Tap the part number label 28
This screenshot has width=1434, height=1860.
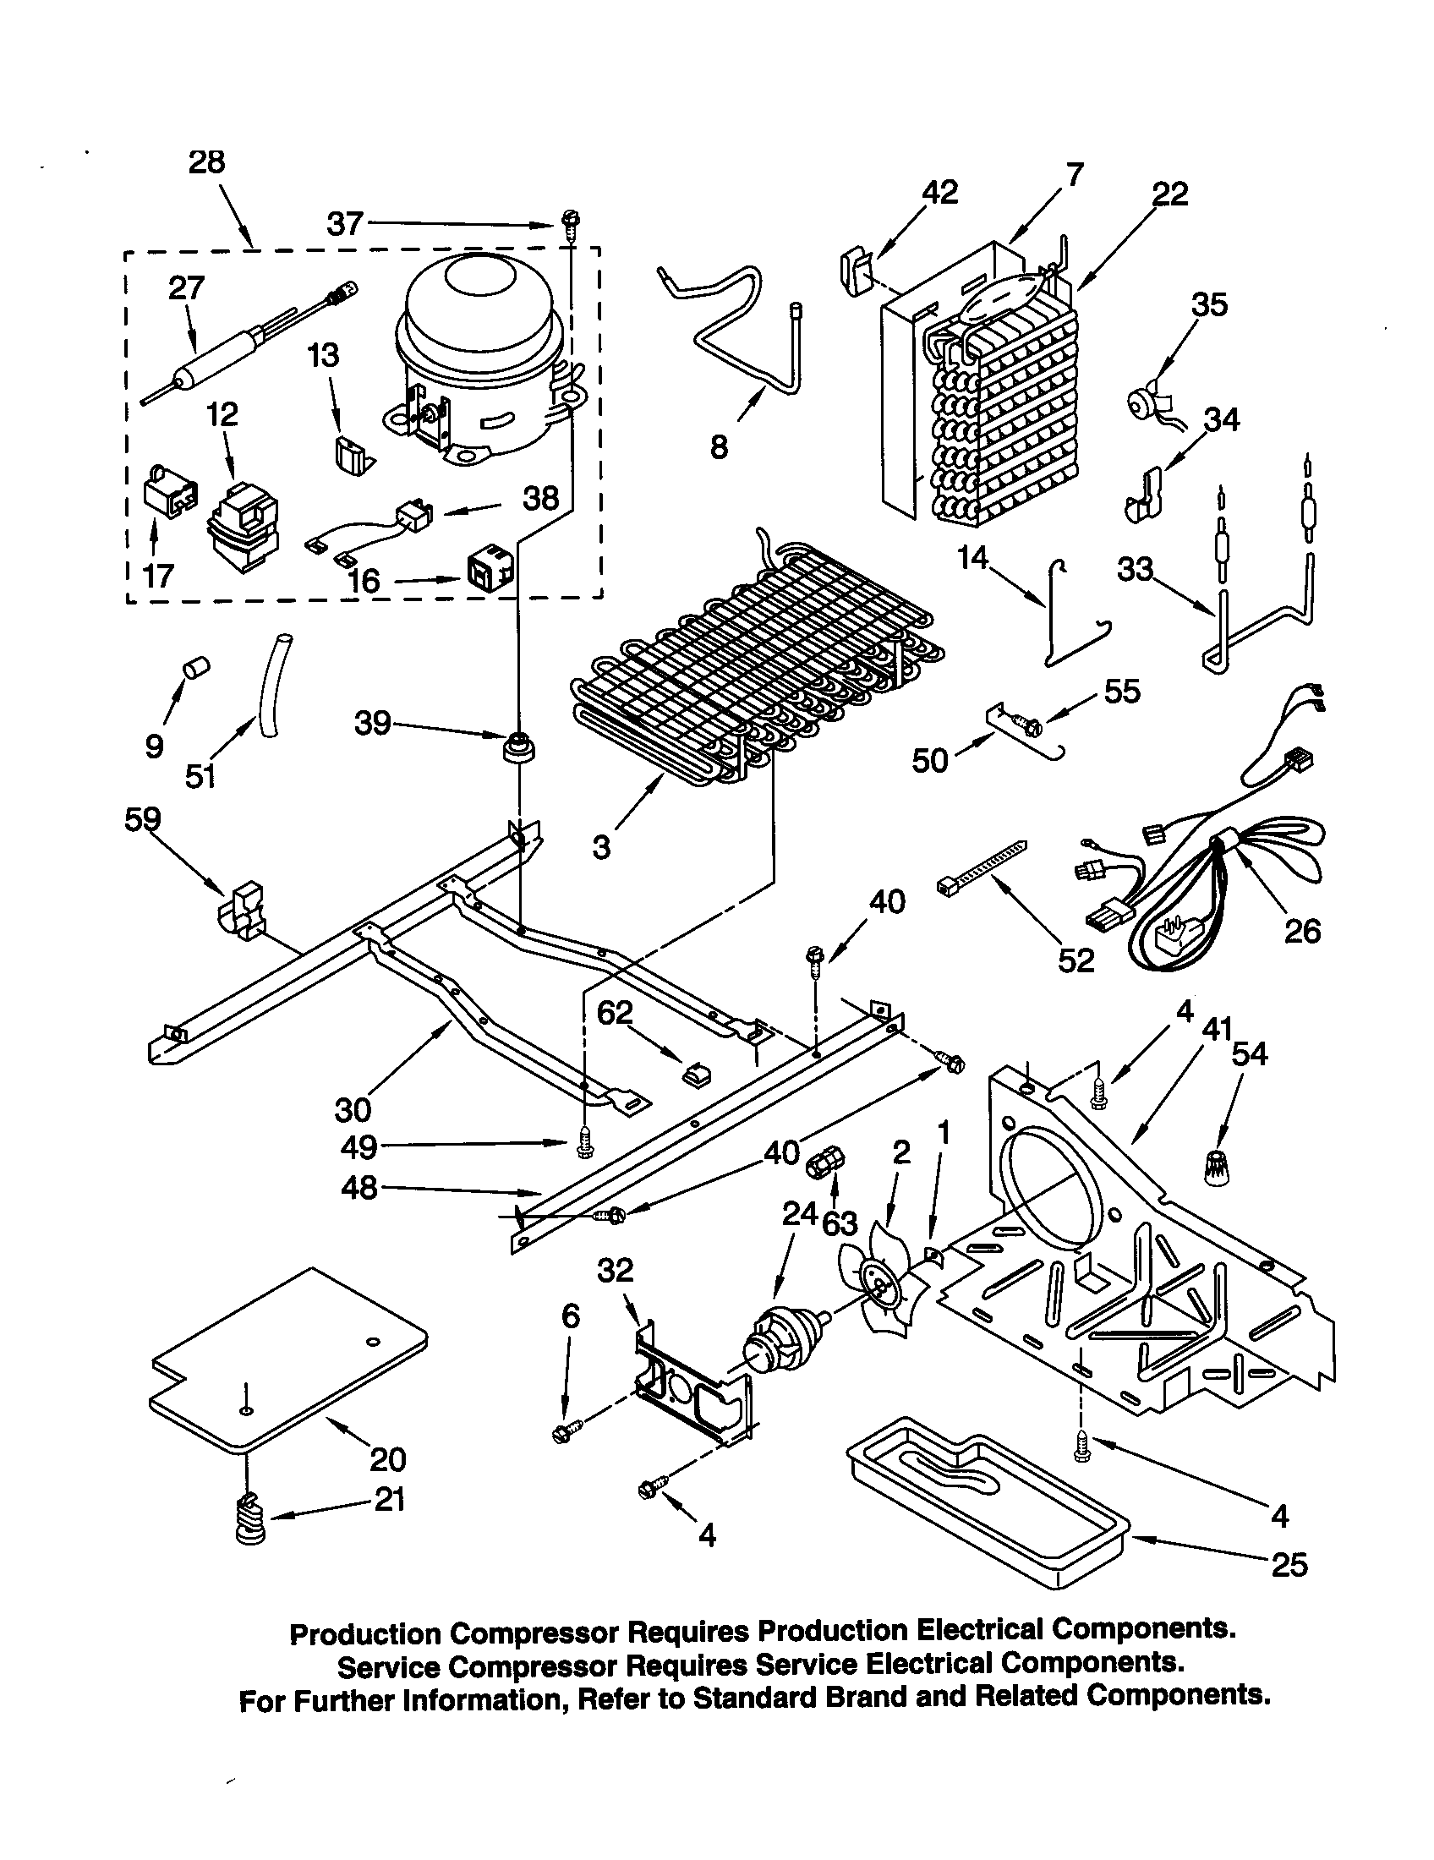tap(206, 161)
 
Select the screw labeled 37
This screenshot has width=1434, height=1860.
tap(570, 226)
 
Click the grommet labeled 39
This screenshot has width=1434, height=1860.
tap(517, 748)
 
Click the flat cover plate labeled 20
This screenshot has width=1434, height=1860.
tap(289, 1354)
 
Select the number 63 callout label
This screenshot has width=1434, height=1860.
tap(840, 1223)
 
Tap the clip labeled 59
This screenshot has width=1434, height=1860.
tap(242, 911)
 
